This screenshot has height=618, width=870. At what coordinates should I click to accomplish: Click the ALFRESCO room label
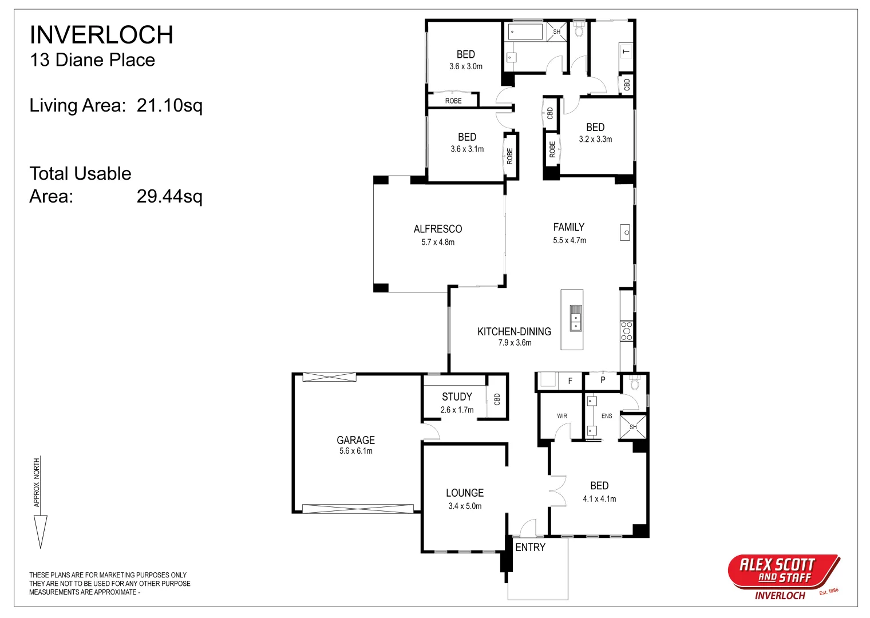(x=438, y=229)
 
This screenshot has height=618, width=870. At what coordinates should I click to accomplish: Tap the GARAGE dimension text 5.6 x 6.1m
(x=356, y=451)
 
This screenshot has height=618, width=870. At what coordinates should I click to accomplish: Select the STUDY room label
(x=457, y=397)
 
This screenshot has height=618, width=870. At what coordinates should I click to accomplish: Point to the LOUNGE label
(x=465, y=493)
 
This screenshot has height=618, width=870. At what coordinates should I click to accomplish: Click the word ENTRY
(x=530, y=548)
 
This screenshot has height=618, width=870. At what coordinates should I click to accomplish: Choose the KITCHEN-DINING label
(x=514, y=331)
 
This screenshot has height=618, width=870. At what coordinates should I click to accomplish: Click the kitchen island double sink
(x=576, y=318)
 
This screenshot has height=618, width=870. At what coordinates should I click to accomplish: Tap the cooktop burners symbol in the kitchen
(x=626, y=331)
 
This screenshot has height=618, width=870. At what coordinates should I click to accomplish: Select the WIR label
(x=562, y=416)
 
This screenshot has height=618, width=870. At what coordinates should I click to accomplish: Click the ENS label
(x=607, y=416)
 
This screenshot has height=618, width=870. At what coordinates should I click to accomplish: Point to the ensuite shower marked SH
(x=633, y=427)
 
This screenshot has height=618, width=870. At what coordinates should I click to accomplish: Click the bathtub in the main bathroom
(x=525, y=32)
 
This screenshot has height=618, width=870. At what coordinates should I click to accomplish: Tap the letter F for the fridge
(x=570, y=381)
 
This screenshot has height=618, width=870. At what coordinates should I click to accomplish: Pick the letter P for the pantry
(x=603, y=379)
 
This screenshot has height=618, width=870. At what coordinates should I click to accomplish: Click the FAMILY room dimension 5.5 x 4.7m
(x=570, y=240)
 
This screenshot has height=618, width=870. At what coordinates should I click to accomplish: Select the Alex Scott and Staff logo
(x=784, y=577)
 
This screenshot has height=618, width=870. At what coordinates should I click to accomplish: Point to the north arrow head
(x=41, y=532)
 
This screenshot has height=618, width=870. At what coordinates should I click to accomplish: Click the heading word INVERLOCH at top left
(x=101, y=35)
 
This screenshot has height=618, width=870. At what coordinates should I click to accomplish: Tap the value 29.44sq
(x=169, y=196)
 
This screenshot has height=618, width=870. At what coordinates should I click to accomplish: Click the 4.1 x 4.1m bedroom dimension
(x=599, y=499)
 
